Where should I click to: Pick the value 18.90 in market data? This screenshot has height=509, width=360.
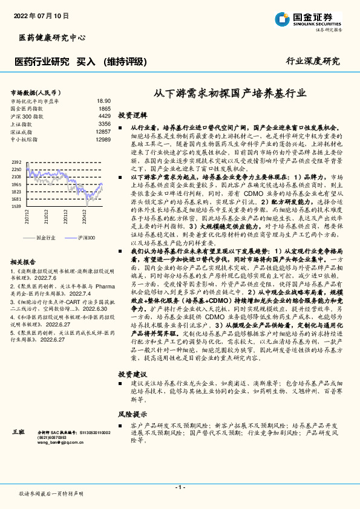tap(103, 101)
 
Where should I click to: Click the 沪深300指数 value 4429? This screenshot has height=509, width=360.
tap(105, 115)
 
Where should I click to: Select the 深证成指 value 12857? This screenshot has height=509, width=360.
tap(103, 131)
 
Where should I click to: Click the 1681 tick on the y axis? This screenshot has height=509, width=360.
tap(16, 199)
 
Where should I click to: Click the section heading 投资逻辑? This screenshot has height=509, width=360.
tap(132, 114)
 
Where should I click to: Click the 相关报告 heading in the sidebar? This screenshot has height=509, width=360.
tap(24, 262)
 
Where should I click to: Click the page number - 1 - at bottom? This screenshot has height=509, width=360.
tap(180, 487)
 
